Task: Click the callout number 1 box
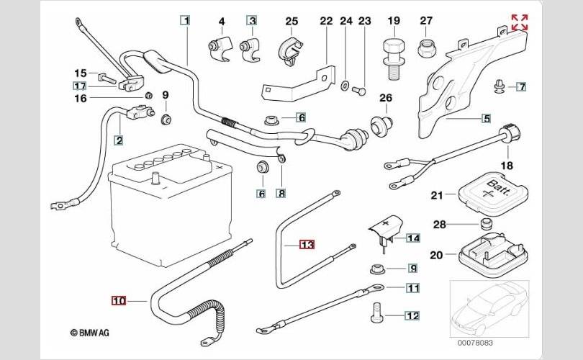click(x=186, y=21)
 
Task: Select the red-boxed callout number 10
click(x=119, y=300)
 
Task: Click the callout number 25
click(x=291, y=21)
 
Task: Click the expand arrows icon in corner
click(x=518, y=22)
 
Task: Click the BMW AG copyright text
click(x=91, y=333)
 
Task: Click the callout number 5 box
click(x=486, y=118)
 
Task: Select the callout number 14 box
click(x=412, y=238)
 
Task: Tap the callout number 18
click(x=507, y=166)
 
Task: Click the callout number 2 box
click(x=118, y=140)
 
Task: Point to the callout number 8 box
click(x=281, y=193)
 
